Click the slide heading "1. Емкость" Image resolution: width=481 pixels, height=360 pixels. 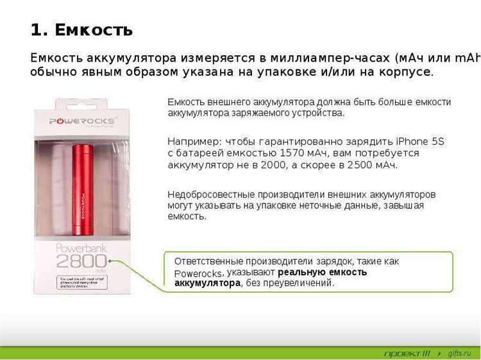81,30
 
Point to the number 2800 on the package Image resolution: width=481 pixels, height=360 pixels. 81,262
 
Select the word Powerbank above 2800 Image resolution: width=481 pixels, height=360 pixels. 81,248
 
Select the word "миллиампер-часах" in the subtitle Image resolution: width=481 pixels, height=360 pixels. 319,57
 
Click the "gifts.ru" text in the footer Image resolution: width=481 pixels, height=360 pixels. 459,353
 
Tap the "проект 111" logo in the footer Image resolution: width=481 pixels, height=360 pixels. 407,353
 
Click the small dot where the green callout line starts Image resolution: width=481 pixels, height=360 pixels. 110,261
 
